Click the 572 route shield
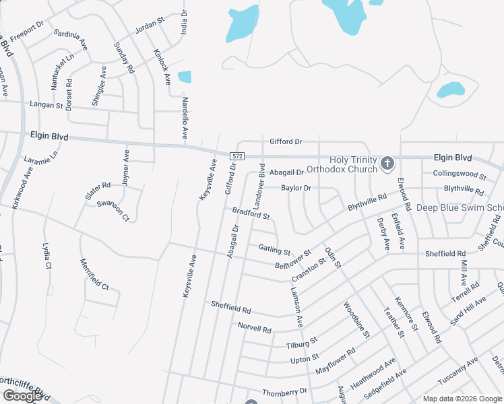click(x=236, y=156)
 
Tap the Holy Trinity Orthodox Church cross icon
click(x=387, y=163)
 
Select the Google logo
click(x=22, y=396)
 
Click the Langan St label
click(x=46, y=105)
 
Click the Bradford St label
click(x=251, y=213)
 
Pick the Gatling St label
click(x=274, y=249)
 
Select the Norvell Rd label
click(x=255, y=328)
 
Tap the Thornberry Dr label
click(x=284, y=391)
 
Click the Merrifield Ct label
click(x=94, y=274)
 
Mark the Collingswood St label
click(x=460, y=175)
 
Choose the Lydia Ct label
click(x=46, y=256)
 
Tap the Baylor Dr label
click(x=296, y=188)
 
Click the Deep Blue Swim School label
click(x=460, y=207)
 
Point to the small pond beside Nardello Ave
click(x=184, y=77)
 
